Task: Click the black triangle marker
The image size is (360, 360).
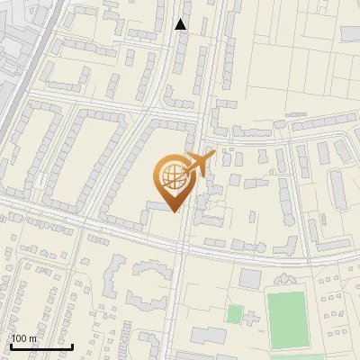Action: [x=181, y=24]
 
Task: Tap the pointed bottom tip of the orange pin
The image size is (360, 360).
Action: [x=174, y=210]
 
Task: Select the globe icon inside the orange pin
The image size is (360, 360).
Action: [x=174, y=177]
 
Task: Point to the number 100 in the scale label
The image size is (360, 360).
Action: [x=21, y=338]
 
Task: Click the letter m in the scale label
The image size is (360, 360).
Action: [x=34, y=338]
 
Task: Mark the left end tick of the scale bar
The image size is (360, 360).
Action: [x=10, y=346]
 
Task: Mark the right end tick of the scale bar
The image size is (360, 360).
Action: [x=72, y=346]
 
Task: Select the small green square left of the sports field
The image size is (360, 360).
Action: [x=234, y=314]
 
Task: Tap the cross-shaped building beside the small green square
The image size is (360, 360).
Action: [x=251, y=318]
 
